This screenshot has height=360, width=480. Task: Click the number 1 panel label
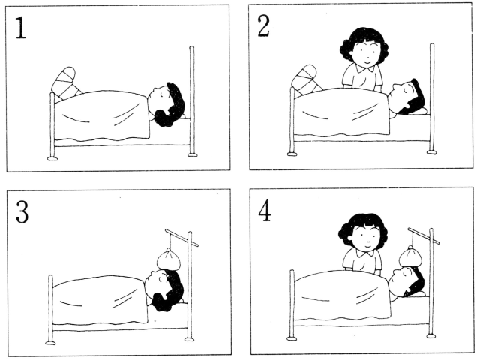(20, 28)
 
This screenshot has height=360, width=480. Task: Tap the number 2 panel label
(263, 26)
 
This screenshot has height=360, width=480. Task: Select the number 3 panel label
(22, 212)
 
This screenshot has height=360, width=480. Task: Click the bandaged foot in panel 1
(66, 82)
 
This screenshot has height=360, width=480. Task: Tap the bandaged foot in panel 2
(306, 79)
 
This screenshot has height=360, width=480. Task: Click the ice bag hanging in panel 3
(169, 259)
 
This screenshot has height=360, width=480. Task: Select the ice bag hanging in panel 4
(410, 256)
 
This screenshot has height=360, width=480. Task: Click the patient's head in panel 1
(166, 104)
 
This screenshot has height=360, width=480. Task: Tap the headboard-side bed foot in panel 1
(193, 154)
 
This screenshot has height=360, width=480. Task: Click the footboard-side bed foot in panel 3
(50, 342)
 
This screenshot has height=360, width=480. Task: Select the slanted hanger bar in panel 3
(181, 238)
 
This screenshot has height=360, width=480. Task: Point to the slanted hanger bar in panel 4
(424, 235)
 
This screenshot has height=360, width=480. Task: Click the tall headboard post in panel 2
(432, 98)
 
